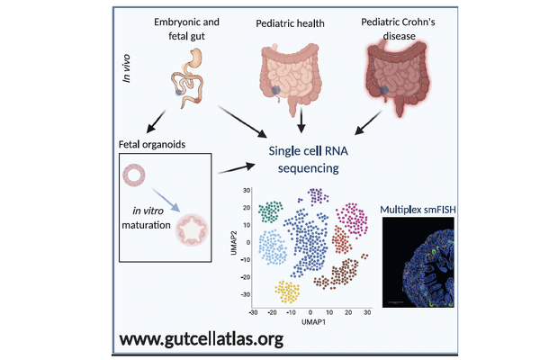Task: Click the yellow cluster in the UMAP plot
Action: [x=287, y=290]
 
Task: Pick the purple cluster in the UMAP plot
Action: [x=315, y=195]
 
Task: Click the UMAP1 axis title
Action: [x=311, y=321]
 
